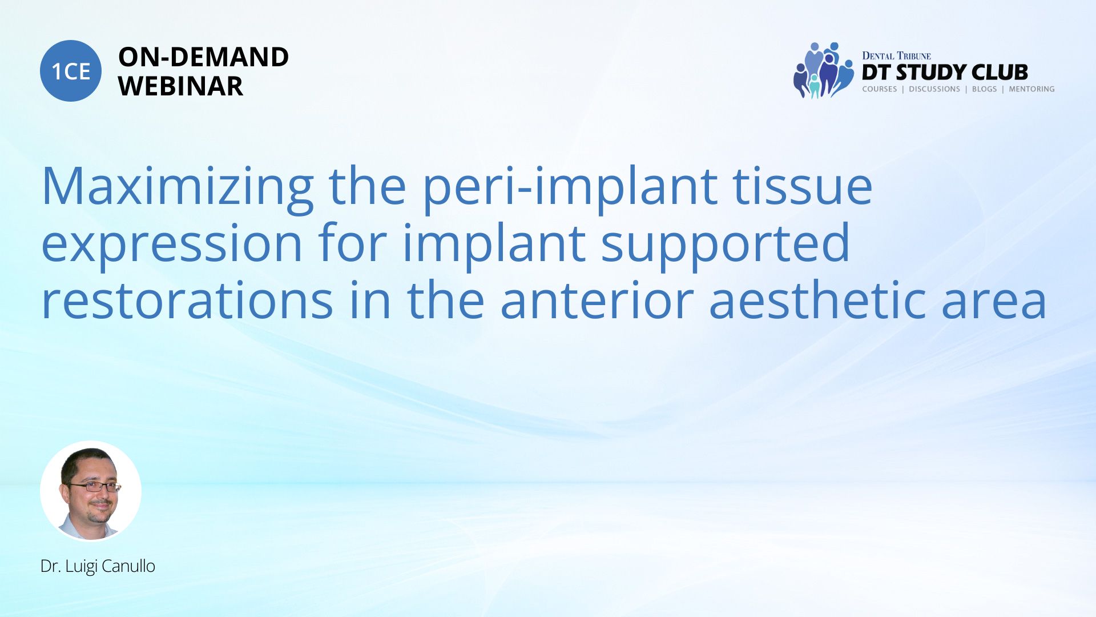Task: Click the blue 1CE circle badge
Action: coord(71,71)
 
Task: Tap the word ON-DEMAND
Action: coord(203,57)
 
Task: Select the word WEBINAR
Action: coord(180,86)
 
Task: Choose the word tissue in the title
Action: coord(803,185)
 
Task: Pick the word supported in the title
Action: coord(726,243)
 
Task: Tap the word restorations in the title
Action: coord(188,300)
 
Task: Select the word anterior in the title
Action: coord(597,300)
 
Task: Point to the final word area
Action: coord(994,303)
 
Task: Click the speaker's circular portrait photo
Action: coord(91,491)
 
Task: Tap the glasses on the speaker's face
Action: coord(94,487)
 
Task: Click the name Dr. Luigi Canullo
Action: coord(98,566)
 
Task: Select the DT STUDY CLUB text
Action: coord(945,72)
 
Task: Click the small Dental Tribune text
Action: coord(896,55)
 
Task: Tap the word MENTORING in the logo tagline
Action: coord(1031,89)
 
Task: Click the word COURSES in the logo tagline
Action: coord(880,89)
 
